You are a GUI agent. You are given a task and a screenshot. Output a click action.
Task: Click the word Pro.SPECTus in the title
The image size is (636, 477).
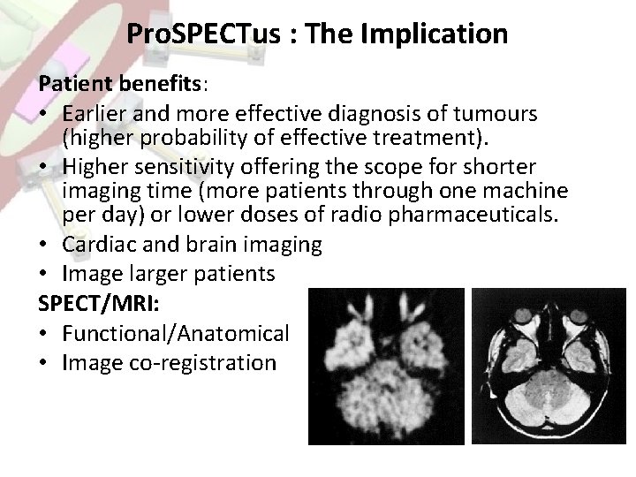tap(201, 34)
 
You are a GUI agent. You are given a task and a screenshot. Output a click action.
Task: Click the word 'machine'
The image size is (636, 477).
tap(527, 192)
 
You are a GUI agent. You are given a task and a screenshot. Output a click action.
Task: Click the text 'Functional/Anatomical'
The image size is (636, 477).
tap(175, 335)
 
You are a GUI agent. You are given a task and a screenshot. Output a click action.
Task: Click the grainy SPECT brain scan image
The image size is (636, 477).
tap(385, 367)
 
